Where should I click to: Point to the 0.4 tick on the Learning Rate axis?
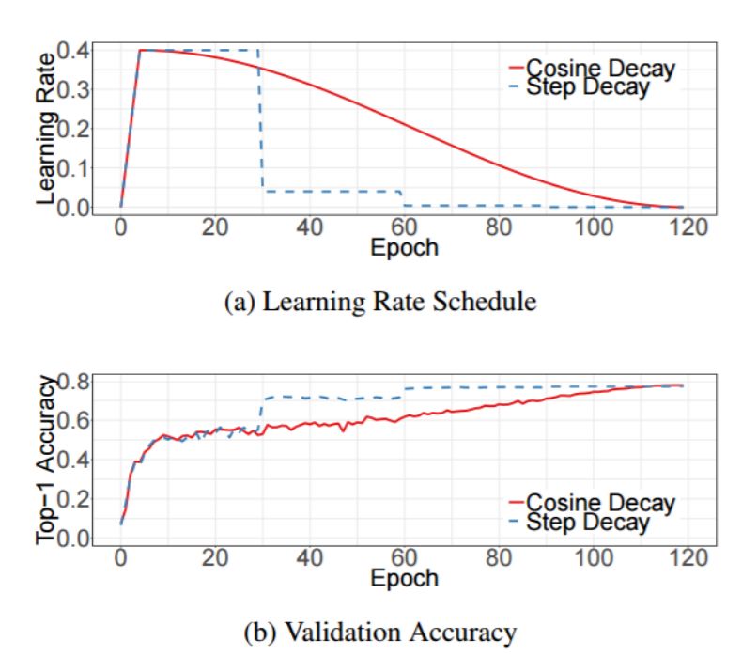click(72, 50)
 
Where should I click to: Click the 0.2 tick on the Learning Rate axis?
click(72, 129)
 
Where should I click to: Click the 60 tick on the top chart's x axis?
click(402, 228)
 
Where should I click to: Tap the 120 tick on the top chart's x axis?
click(683, 228)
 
